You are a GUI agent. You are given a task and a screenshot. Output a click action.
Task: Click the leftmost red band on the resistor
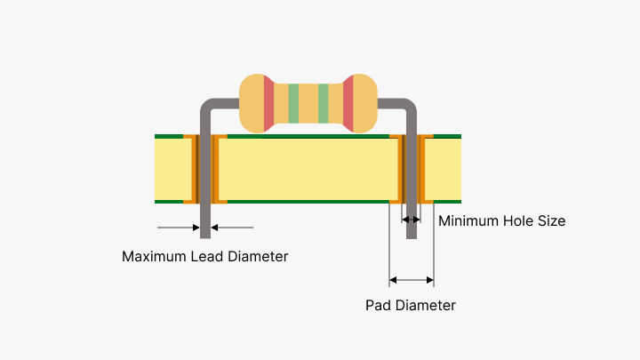coord(268,103)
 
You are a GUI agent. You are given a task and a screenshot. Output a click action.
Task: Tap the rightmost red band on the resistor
coord(348,103)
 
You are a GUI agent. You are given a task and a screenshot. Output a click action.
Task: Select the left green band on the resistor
coord(293,103)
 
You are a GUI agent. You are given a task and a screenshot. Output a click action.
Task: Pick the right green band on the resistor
coord(324,103)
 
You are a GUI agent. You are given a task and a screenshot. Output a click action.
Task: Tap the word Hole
coord(520,220)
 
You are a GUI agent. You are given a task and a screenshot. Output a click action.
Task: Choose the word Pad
coord(378,305)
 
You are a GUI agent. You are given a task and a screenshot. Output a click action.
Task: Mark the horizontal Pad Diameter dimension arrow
coord(412,281)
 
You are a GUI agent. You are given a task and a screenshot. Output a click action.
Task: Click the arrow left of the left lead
coord(178,228)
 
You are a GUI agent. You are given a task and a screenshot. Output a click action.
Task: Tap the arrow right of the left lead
coord(232,228)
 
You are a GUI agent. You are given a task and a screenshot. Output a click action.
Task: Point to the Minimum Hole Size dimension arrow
coord(412,219)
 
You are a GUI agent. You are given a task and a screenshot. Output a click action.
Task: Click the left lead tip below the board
coord(205,231)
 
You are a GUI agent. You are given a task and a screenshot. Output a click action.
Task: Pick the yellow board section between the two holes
coord(308,169)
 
